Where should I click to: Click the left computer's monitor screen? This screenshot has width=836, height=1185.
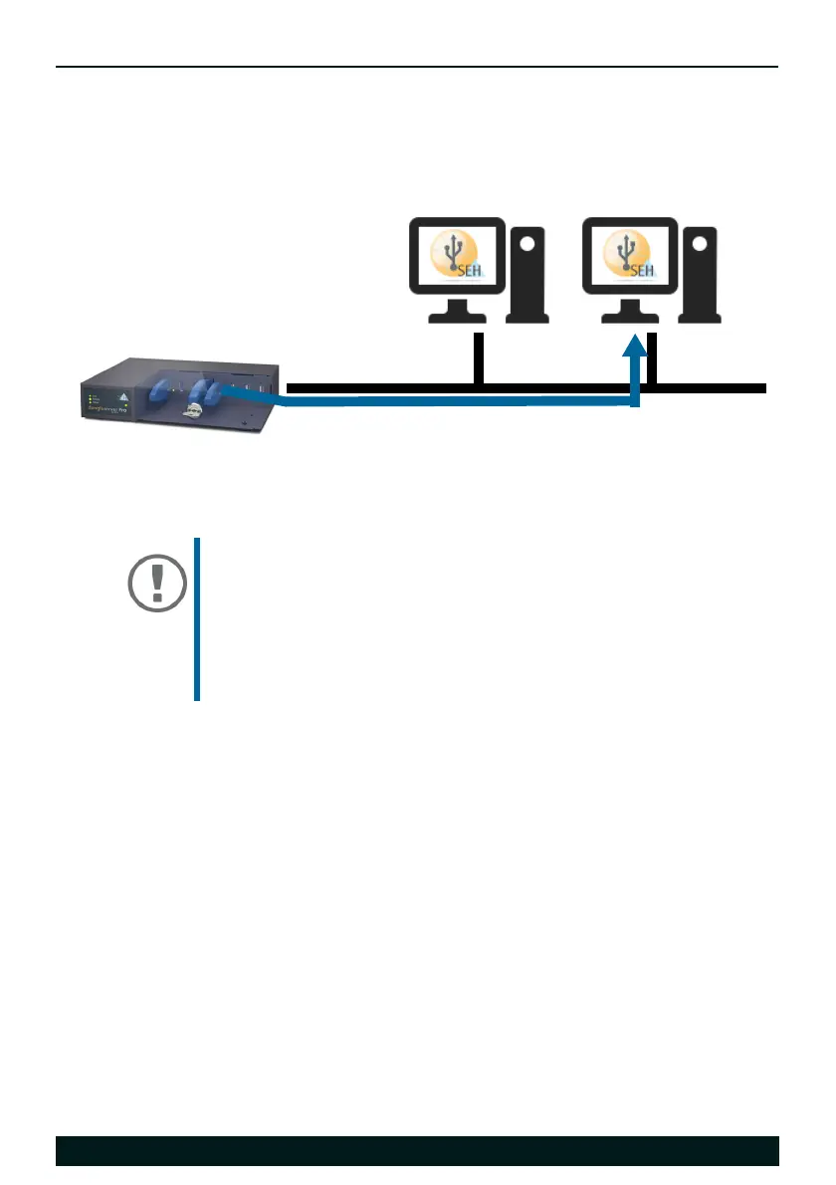coord(457,256)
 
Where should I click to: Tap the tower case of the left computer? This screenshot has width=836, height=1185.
coord(527,275)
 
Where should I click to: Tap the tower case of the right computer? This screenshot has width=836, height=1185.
coord(699,275)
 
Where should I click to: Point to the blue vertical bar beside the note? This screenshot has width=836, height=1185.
coord(197,619)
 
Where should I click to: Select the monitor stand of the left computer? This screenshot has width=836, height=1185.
coord(457,312)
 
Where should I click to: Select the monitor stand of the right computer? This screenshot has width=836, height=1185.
coord(629,312)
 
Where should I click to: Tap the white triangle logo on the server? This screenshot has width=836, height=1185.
coord(124,394)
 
